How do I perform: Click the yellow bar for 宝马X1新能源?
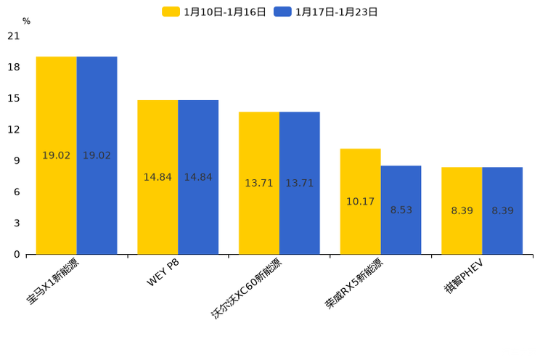tap(56, 155)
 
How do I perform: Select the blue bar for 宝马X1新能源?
tap(97, 155)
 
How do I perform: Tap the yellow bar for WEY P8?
tap(157, 177)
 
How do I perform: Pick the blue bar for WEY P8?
tap(198, 177)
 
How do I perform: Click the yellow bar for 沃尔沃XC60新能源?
tap(259, 183)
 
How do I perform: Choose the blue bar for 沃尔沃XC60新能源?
tap(299, 183)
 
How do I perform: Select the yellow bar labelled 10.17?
tap(360, 201)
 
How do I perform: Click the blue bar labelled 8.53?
tap(401, 210)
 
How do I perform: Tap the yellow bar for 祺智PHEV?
tap(462, 210)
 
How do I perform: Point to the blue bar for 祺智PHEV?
tap(502, 210)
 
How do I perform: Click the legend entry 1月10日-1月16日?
tap(214, 12)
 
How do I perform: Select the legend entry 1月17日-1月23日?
tap(326, 12)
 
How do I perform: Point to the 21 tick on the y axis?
tap(14, 36)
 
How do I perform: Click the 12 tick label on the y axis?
tap(14, 129)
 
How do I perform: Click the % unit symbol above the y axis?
tap(26, 21)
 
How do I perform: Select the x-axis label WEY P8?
tap(163, 273)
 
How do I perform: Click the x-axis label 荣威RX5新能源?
tap(353, 284)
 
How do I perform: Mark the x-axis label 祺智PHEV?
tap(464, 275)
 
